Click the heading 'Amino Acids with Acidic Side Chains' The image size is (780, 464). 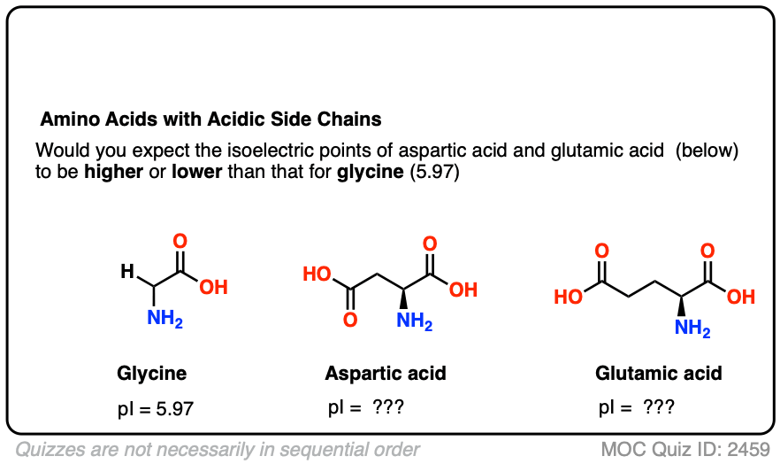[211, 119]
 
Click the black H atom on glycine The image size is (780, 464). [127, 274]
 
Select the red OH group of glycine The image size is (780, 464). [213, 288]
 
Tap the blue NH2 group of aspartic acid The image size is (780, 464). [415, 321]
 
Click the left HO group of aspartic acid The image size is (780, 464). [317, 274]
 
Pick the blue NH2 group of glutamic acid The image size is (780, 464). [692, 329]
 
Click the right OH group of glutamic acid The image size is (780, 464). [741, 298]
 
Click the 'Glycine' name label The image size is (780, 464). [152, 374]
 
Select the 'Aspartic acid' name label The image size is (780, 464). [386, 374]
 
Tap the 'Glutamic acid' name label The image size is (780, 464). [659, 374]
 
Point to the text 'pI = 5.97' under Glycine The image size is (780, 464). [155, 409]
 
